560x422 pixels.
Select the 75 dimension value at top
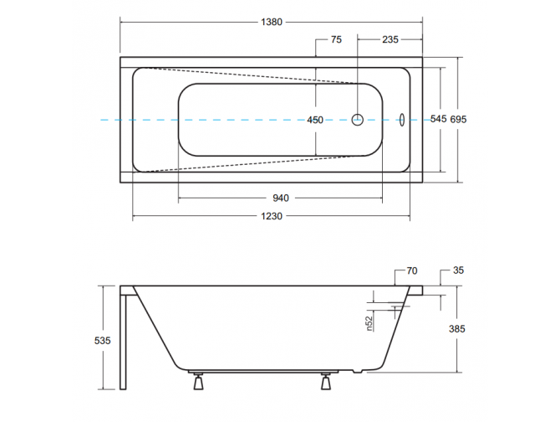[336, 39]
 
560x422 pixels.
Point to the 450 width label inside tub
[315, 120]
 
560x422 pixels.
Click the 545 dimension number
[438, 120]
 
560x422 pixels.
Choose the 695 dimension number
[458, 120]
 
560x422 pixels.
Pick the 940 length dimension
[281, 198]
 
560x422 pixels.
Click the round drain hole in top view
[358, 120]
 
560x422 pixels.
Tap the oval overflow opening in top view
[402, 120]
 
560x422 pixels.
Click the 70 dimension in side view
[412, 270]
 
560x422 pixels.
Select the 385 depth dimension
[456, 330]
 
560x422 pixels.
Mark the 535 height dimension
[103, 340]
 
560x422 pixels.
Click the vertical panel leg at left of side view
[125, 339]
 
